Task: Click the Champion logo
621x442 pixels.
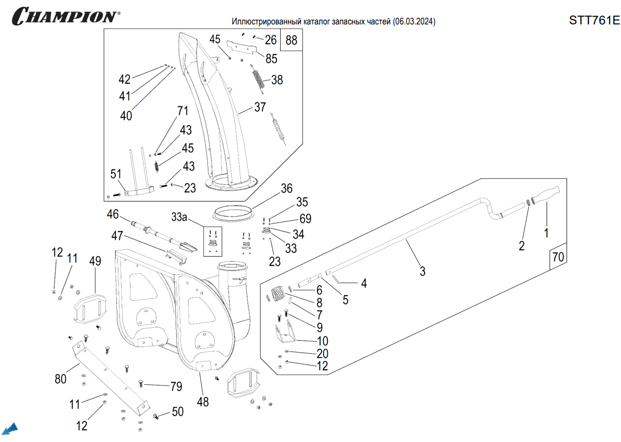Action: pyautogui.click(x=65, y=16)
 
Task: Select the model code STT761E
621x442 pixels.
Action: pyautogui.click(x=594, y=20)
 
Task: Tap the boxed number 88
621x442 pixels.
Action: pyautogui.click(x=292, y=41)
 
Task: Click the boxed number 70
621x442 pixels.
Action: pyautogui.click(x=558, y=257)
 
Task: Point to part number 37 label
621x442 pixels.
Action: pyautogui.click(x=260, y=108)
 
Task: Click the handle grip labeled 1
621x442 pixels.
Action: pyautogui.click(x=545, y=197)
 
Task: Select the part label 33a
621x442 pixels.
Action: pyautogui.click(x=179, y=217)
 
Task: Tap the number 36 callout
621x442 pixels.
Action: pyautogui.click(x=287, y=189)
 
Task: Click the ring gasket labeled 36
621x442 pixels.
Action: pyautogui.click(x=234, y=212)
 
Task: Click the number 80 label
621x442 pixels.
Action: pyautogui.click(x=60, y=379)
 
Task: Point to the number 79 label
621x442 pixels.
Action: pyautogui.click(x=176, y=386)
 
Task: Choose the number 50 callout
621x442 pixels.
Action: pyautogui.click(x=178, y=412)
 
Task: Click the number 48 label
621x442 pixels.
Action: pyautogui.click(x=203, y=401)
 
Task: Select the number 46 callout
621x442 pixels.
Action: pyautogui.click(x=113, y=214)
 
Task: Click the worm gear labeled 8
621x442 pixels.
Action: pyautogui.click(x=280, y=293)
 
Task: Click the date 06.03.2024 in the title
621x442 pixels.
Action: pyautogui.click(x=414, y=22)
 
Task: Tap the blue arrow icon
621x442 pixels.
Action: pyautogui.click(x=10, y=429)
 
